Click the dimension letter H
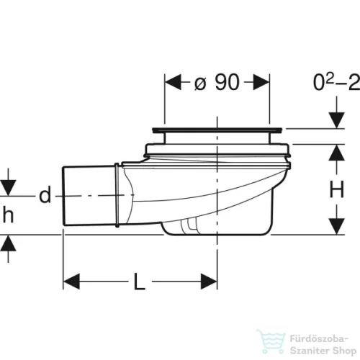coord(337,189)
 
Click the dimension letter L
coord(140,282)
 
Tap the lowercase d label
coord(45,194)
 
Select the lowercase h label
coord(8,215)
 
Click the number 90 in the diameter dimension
coord(227,82)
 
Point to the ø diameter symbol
coord(200,84)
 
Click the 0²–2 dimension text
coord(336,82)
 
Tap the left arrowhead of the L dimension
coord(71,282)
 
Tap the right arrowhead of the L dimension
coord(209,282)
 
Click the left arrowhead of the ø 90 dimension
coord(173,82)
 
